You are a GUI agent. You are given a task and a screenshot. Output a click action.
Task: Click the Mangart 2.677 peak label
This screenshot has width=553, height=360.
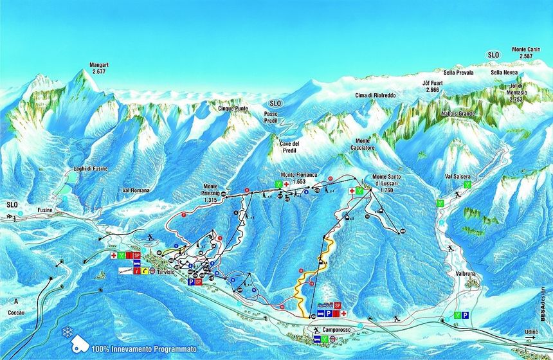[98, 68]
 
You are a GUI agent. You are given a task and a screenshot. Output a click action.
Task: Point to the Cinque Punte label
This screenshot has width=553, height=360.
[232, 109]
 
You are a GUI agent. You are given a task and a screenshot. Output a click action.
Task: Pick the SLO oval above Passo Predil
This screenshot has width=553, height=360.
[275, 103]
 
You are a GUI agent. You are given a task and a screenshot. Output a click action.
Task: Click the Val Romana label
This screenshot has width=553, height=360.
[135, 191]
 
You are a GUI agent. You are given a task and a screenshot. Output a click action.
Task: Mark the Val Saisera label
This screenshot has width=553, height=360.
[458, 175]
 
